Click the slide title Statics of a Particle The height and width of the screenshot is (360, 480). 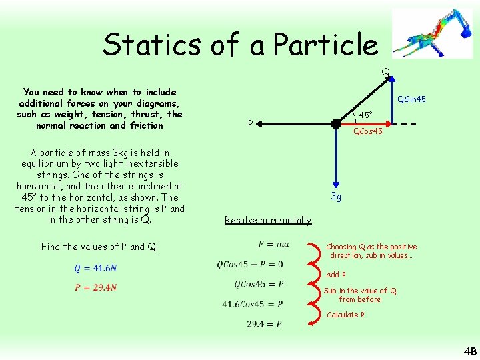(240, 45)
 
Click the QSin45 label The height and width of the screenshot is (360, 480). (411, 99)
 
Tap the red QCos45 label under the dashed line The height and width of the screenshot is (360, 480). (367, 131)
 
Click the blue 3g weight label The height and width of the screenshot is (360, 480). (337, 197)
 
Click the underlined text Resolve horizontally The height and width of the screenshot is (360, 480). (268, 220)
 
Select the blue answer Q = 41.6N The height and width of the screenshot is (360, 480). (95, 268)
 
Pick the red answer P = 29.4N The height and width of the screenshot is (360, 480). (96, 288)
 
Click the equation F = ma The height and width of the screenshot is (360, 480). (273, 245)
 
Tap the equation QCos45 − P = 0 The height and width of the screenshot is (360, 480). (250, 265)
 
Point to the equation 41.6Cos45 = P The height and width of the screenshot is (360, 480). (253, 305)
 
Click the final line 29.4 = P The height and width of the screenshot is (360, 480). (263, 324)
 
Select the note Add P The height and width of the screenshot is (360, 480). (336, 275)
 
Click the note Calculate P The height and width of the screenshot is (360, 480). (345, 315)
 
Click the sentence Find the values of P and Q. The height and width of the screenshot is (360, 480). (100, 247)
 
